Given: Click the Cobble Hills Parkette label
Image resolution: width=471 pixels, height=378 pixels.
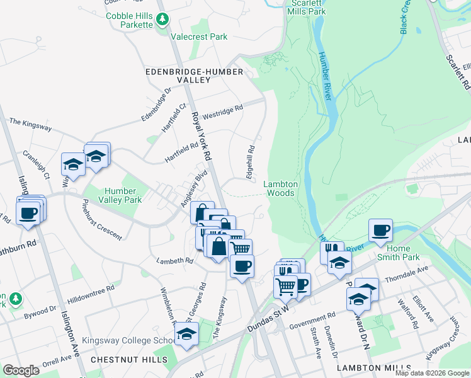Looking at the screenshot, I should click(x=129, y=20).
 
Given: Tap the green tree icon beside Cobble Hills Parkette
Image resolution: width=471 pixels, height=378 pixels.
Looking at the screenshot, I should click(x=163, y=20).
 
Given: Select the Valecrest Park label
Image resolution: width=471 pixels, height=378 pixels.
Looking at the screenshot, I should click(x=201, y=37).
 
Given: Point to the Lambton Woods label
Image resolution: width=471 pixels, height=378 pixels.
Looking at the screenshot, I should click(x=280, y=188).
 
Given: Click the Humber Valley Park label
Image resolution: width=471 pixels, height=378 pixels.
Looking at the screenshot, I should click(x=120, y=195).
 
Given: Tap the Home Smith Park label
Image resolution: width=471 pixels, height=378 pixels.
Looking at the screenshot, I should click(x=398, y=252).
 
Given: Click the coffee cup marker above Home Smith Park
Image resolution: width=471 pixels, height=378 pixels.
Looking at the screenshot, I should click(x=380, y=231).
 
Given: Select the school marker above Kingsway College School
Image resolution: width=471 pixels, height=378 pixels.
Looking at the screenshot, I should click(x=186, y=335).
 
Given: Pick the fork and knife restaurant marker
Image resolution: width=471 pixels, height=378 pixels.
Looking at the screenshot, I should click(x=332, y=251).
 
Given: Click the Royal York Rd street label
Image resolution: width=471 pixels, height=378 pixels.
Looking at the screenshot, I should click(x=201, y=135).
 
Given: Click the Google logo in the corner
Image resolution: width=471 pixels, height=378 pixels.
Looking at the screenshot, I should click(x=21, y=370).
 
